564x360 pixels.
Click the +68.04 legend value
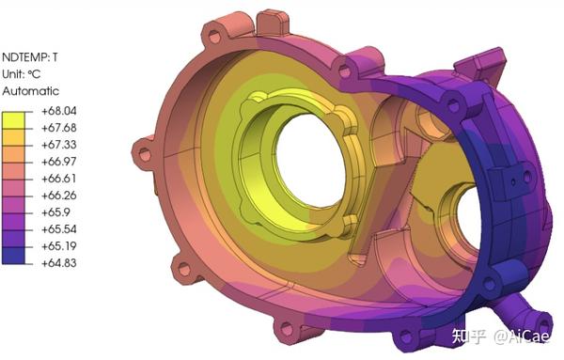59,111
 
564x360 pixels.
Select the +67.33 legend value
59,145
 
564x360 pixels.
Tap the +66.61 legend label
59,179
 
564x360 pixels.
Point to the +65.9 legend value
55,212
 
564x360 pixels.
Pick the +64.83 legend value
59,263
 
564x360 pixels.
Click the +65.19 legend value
59,246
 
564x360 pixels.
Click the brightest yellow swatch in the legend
13,120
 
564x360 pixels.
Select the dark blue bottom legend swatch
13,256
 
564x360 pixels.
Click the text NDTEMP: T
30,57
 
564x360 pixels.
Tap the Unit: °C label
22,74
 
